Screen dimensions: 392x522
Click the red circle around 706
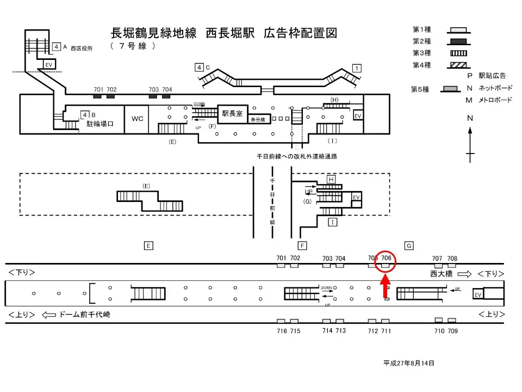coord(386,262)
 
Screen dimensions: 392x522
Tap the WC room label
coord(138,118)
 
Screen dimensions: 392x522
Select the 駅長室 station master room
coord(232,114)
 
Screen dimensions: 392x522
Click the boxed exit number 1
coord(357,68)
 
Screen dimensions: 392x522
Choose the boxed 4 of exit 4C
coord(200,68)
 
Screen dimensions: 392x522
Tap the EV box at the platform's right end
coord(478,295)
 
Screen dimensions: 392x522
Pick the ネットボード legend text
coord(495,88)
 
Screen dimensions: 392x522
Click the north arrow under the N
coord(470,144)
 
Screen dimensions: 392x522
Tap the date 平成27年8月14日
coord(409,363)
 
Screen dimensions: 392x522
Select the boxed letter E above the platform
coord(148,246)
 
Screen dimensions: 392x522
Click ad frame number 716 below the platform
coord(281,330)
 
